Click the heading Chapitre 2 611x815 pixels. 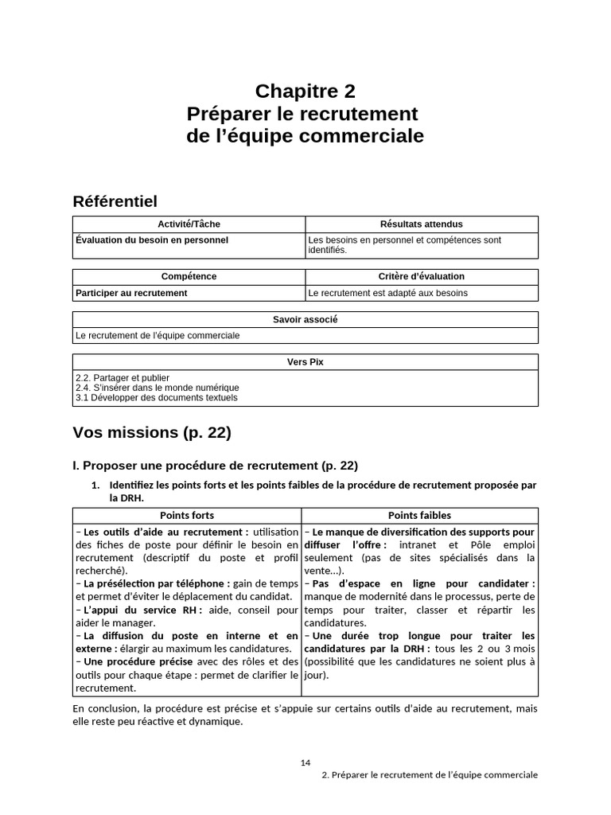(x=305, y=91)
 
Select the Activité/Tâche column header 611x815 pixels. (x=189, y=224)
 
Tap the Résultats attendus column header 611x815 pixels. (x=421, y=224)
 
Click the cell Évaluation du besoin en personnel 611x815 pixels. (x=152, y=240)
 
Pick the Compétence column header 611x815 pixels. (x=189, y=276)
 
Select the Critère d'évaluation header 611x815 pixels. (x=421, y=276)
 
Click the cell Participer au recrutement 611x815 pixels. (x=131, y=292)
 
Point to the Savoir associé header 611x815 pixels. (x=305, y=319)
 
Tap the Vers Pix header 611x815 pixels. (x=305, y=361)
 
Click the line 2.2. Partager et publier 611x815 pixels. (x=123, y=377)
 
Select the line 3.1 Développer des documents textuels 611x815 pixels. (x=156, y=397)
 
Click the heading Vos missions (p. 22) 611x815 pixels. (x=151, y=433)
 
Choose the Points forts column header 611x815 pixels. (x=187, y=516)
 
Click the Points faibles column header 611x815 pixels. (x=419, y=516)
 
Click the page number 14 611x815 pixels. (x=305, y=762)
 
